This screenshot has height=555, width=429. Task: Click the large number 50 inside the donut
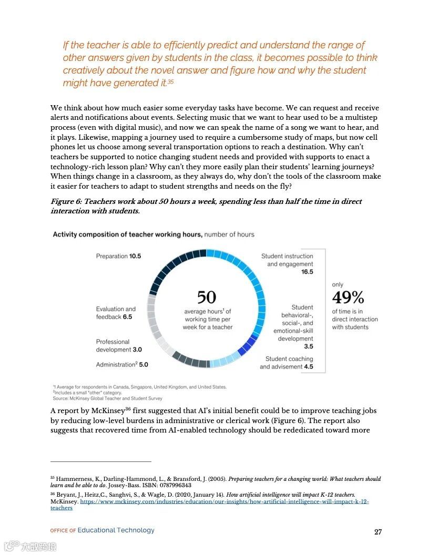click(x=207, y=297)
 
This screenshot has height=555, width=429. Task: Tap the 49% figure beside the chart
click(x=348, y=297)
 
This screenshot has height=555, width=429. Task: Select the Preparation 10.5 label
click(x=118, y=256)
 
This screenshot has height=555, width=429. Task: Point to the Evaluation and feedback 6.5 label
click(x=116, y=313)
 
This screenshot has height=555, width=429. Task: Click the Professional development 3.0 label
click(x=118, y=345)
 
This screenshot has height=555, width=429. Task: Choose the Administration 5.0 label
click(x=122, y=364)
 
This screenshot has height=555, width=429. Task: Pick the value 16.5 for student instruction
click(x=307, y=272)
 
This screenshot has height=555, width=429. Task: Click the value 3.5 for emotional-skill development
click(x=308, y=346)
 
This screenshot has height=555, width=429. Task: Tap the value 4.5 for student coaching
click(x=308, y=366)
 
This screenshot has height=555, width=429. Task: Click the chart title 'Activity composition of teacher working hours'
click(x=127, y=234)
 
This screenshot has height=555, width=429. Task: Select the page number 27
click(x=378, y=531)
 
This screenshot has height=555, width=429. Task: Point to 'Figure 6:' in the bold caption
click(x=66, y=201)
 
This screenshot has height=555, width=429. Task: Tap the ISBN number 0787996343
click(x=175, y=485)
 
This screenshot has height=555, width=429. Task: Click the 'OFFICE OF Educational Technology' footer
click(x=103, y=530)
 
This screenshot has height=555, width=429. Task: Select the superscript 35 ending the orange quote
click(x=170, y=83)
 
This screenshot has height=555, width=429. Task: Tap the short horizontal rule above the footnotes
click(x=101, y=461)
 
